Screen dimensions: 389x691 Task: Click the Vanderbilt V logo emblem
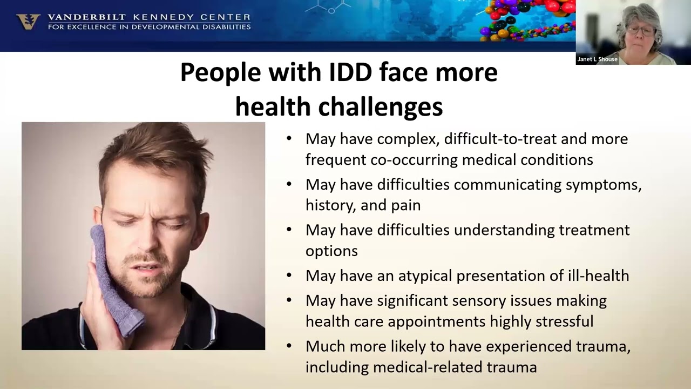[x=28, y=22]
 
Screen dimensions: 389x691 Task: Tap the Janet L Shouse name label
[x=597, y=59]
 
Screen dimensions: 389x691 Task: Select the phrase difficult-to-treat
[x=500, y=139]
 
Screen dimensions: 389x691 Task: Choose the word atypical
[x=425, y=276]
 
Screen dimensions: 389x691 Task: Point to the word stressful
[x=562, y=321]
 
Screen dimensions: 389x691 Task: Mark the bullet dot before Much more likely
[x=289, y=346]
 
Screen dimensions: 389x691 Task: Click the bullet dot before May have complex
[x=289, y=138]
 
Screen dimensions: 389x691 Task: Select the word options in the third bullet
[x=331, y=251]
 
